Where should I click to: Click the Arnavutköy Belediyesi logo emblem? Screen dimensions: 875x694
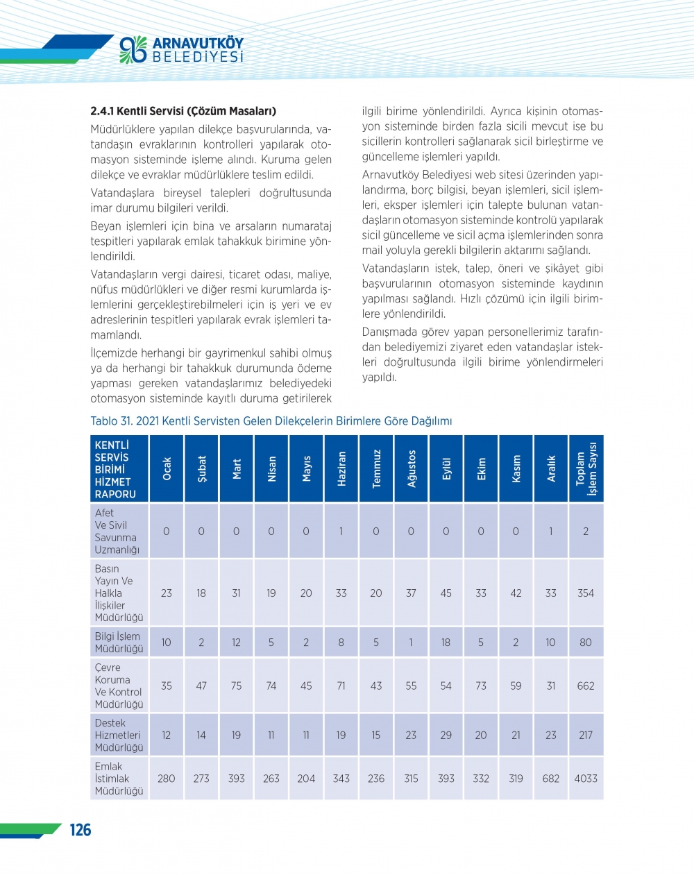click(x=133, y=49)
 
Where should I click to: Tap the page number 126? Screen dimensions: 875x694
click(x=81, y=830)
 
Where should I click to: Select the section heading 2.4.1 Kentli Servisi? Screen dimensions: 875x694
click(x=183, y=111)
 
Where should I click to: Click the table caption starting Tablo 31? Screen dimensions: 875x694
click(x=271, y=420)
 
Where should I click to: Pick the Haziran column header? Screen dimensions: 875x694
click(x=341, y=468)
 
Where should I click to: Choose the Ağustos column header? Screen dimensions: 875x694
click(x=412, y=468)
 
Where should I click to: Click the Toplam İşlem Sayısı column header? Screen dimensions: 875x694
click(x=586, y=468)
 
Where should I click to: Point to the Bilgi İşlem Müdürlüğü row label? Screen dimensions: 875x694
click(x=119, y=643)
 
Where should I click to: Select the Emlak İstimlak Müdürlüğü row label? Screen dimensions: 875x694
click(x=119, y=779)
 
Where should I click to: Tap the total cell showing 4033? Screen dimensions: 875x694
click(x=586, y=779)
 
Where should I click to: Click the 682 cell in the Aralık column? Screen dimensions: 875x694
click(x=551, y=779)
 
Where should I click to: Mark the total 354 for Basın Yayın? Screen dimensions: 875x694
click(x=586, y=593)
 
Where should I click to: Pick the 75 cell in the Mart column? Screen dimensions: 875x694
click(x=237, y=686)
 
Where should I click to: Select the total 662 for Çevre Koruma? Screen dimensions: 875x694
click(x=586, y=686)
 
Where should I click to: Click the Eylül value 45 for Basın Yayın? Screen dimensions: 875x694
click(x=446, y=593)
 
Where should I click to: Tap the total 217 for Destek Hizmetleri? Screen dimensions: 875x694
click(x=586, y=735)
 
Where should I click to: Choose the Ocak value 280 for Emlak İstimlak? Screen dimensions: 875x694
click(x=167, y=779)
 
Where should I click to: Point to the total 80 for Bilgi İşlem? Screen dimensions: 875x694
click(x=586, y=643)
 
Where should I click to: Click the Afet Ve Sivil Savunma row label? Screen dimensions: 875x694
click(x=117, y=531)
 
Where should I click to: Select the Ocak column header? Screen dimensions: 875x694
click(x=167, y=468)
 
